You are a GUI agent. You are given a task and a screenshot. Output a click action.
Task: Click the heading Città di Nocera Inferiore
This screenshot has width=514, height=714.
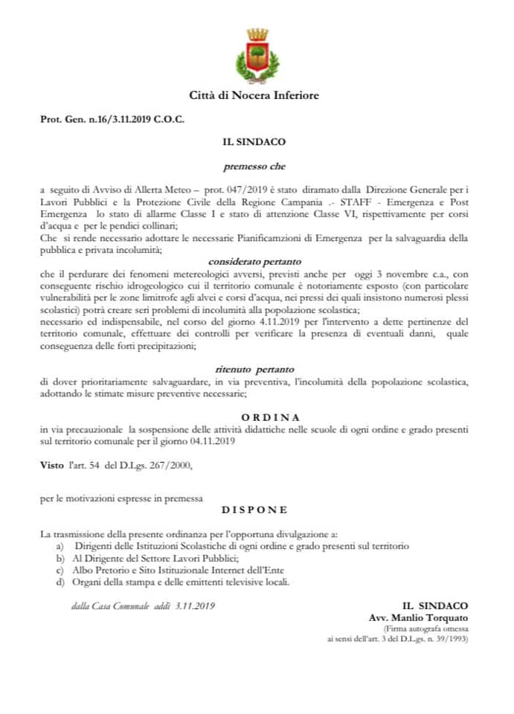[x=257, y=96]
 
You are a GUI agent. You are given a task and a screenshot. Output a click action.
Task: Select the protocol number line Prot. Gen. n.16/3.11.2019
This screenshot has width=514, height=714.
[x=112, y=119]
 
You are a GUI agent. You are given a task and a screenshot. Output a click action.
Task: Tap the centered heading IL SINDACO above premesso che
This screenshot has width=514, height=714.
[x=255, y=141]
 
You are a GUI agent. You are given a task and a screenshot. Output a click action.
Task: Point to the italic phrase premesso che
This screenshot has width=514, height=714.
[x=254, y=167]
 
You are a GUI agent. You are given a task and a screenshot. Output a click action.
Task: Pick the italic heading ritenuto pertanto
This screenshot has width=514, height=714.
[x=256, y=369]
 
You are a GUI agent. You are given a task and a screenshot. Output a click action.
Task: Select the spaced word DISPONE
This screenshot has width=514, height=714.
[x=254, y=510]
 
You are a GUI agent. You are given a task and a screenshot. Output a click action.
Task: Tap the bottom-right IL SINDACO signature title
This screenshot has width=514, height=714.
[x=434, y=606]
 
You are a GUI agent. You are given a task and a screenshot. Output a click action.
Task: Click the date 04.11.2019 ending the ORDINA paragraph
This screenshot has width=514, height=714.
[x=211, y=442]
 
